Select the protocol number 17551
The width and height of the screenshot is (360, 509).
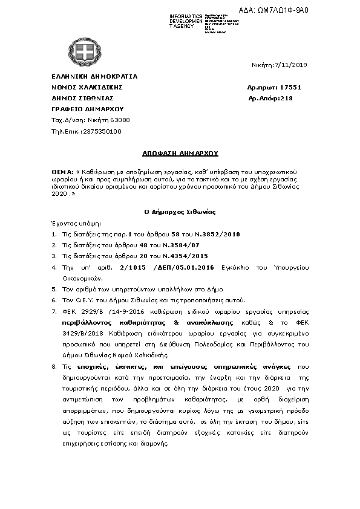(291, 88)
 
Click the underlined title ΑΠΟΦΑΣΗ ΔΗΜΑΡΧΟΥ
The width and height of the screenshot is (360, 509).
(180, 154)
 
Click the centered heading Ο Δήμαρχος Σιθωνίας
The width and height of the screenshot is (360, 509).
(180, 212)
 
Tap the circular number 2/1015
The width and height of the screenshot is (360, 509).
(133, 267)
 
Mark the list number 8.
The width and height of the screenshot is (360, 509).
(54, 366)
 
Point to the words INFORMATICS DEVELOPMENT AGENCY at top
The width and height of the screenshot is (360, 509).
(186, 21)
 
